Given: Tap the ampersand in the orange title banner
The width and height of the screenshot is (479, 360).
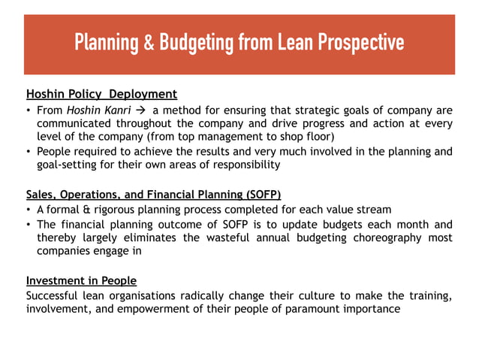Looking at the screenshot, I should point(146,42).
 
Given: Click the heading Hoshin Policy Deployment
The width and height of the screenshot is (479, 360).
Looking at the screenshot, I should point(101,94).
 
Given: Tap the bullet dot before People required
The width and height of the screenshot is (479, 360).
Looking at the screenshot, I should point(29,151).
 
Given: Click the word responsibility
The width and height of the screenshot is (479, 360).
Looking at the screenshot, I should point(243,165).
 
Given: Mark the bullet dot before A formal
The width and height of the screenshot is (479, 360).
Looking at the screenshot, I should point(29,210).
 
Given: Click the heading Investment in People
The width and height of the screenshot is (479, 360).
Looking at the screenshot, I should point(81,280).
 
